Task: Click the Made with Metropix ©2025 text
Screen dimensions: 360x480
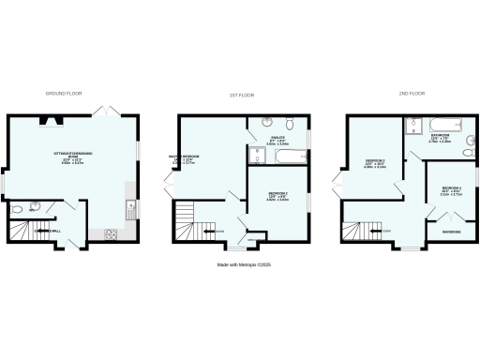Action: pos(239,265)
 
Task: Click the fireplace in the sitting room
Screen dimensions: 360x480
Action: pos(47,120)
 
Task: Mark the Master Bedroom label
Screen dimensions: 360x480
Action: pos(182,159)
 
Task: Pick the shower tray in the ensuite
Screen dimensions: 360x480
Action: pos(262,122)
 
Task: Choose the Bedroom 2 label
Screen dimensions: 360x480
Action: pos(276,196)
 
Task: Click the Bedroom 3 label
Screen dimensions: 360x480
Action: pos(375,164)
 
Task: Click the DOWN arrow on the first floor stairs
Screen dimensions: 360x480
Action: pos(220,231)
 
